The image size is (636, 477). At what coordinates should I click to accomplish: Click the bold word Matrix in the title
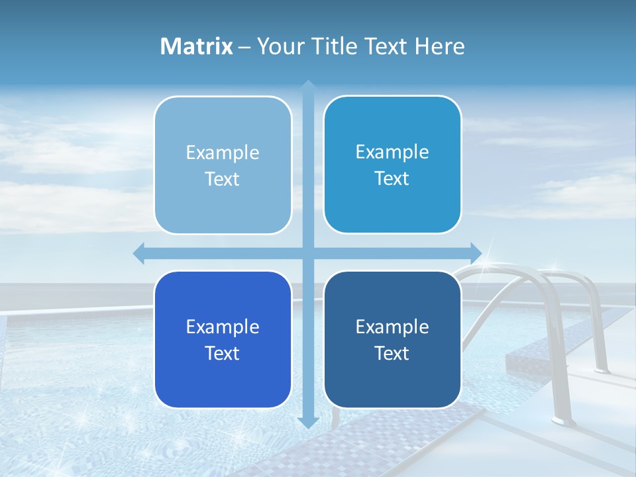coord(196,46)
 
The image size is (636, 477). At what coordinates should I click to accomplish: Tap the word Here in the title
coord(439,46)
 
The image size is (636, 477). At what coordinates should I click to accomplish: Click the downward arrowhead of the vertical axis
coord(308,422)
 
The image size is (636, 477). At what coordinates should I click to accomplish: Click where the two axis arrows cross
coord(308,252)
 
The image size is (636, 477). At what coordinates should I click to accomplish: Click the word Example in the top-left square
coord(223,153)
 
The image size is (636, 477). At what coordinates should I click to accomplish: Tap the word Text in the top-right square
coord(392,179)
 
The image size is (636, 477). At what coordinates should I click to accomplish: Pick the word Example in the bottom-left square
coord(223,327)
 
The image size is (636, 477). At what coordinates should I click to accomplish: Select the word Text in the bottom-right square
coord(392,353)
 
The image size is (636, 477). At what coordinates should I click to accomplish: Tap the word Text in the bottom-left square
coord(223,353)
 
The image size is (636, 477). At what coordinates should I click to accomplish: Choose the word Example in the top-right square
coord(392,152)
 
